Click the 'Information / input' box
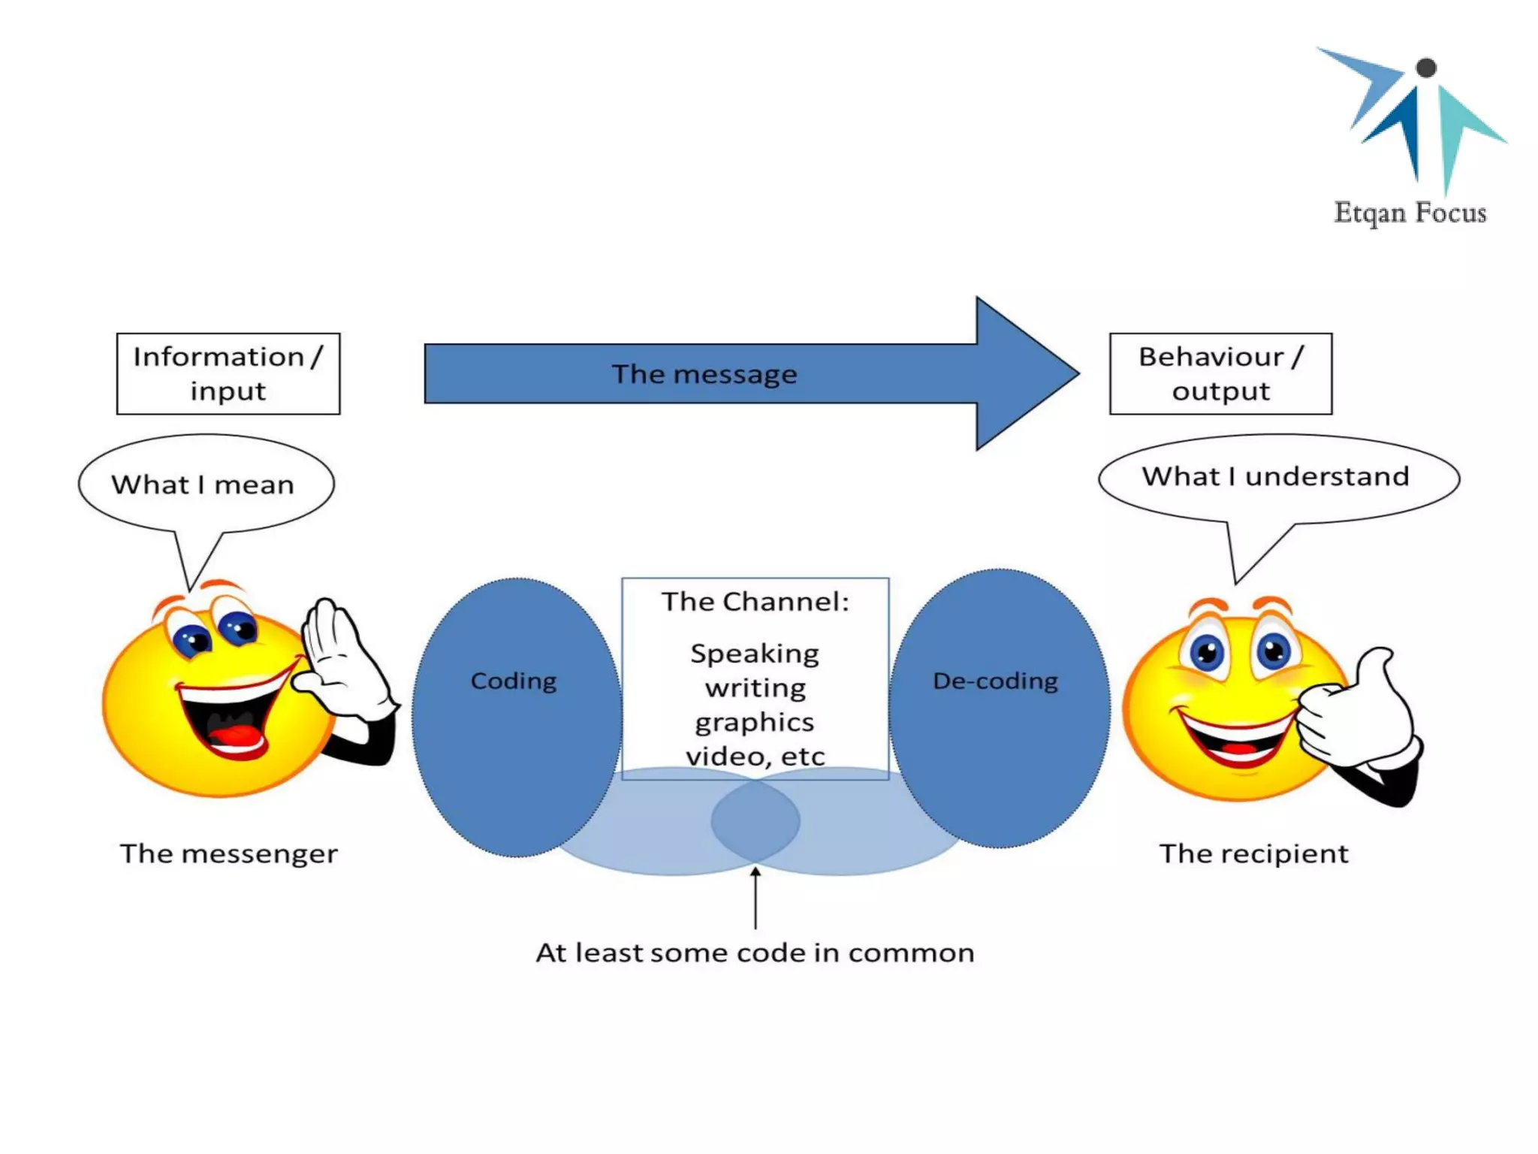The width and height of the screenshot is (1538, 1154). pos(228,373)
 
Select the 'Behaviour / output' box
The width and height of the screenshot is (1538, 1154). pos(1221,373)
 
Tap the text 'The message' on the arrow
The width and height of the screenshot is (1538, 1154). pos(704,374)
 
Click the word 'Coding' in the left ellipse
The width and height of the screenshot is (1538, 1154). pos(514,681)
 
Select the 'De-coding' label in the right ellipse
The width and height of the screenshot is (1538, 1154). pos(996,681)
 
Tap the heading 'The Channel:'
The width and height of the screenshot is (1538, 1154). pos(755,602)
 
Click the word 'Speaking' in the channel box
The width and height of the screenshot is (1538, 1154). pos(755,654)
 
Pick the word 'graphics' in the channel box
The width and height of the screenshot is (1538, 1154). pos(755,723)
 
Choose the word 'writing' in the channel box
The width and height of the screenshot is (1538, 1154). pos(755,688)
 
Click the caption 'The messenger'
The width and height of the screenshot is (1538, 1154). pos(229,854)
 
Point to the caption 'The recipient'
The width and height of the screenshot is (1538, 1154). pos(1254,853)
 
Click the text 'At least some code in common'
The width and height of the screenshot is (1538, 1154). pos(755,953)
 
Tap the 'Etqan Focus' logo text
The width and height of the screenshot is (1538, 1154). pos(1410,213)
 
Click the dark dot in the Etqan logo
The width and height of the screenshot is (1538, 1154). pos(1426,68)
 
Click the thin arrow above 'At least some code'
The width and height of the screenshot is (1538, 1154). pos(755,897)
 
